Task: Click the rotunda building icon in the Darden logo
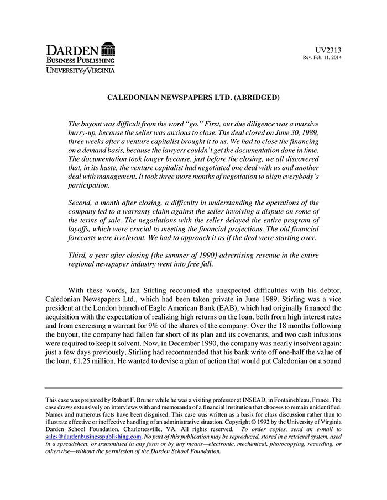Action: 108,49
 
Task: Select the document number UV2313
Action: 328,50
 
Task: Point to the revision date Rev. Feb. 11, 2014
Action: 322,58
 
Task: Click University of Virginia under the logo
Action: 80,70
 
